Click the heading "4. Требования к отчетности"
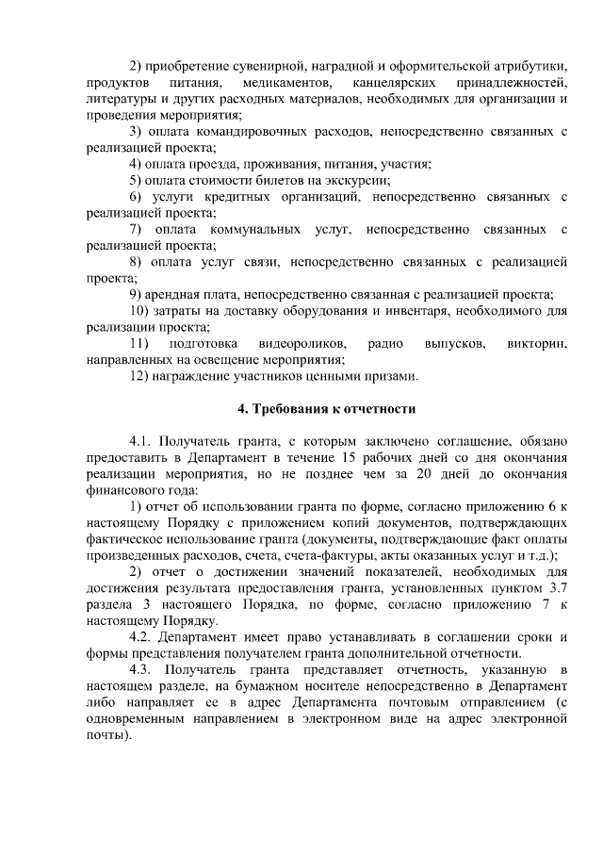324,409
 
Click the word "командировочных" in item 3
248,131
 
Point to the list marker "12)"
139,376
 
